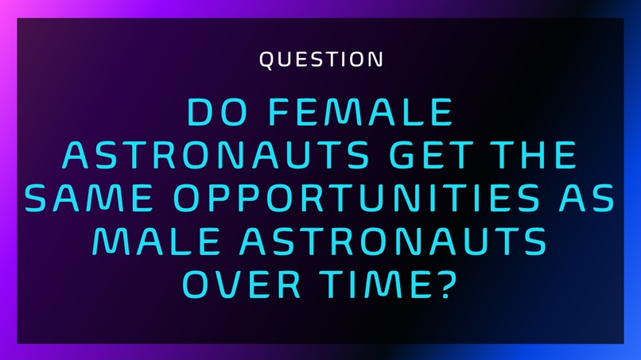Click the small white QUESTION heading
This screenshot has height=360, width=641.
(x=321, y=59)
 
